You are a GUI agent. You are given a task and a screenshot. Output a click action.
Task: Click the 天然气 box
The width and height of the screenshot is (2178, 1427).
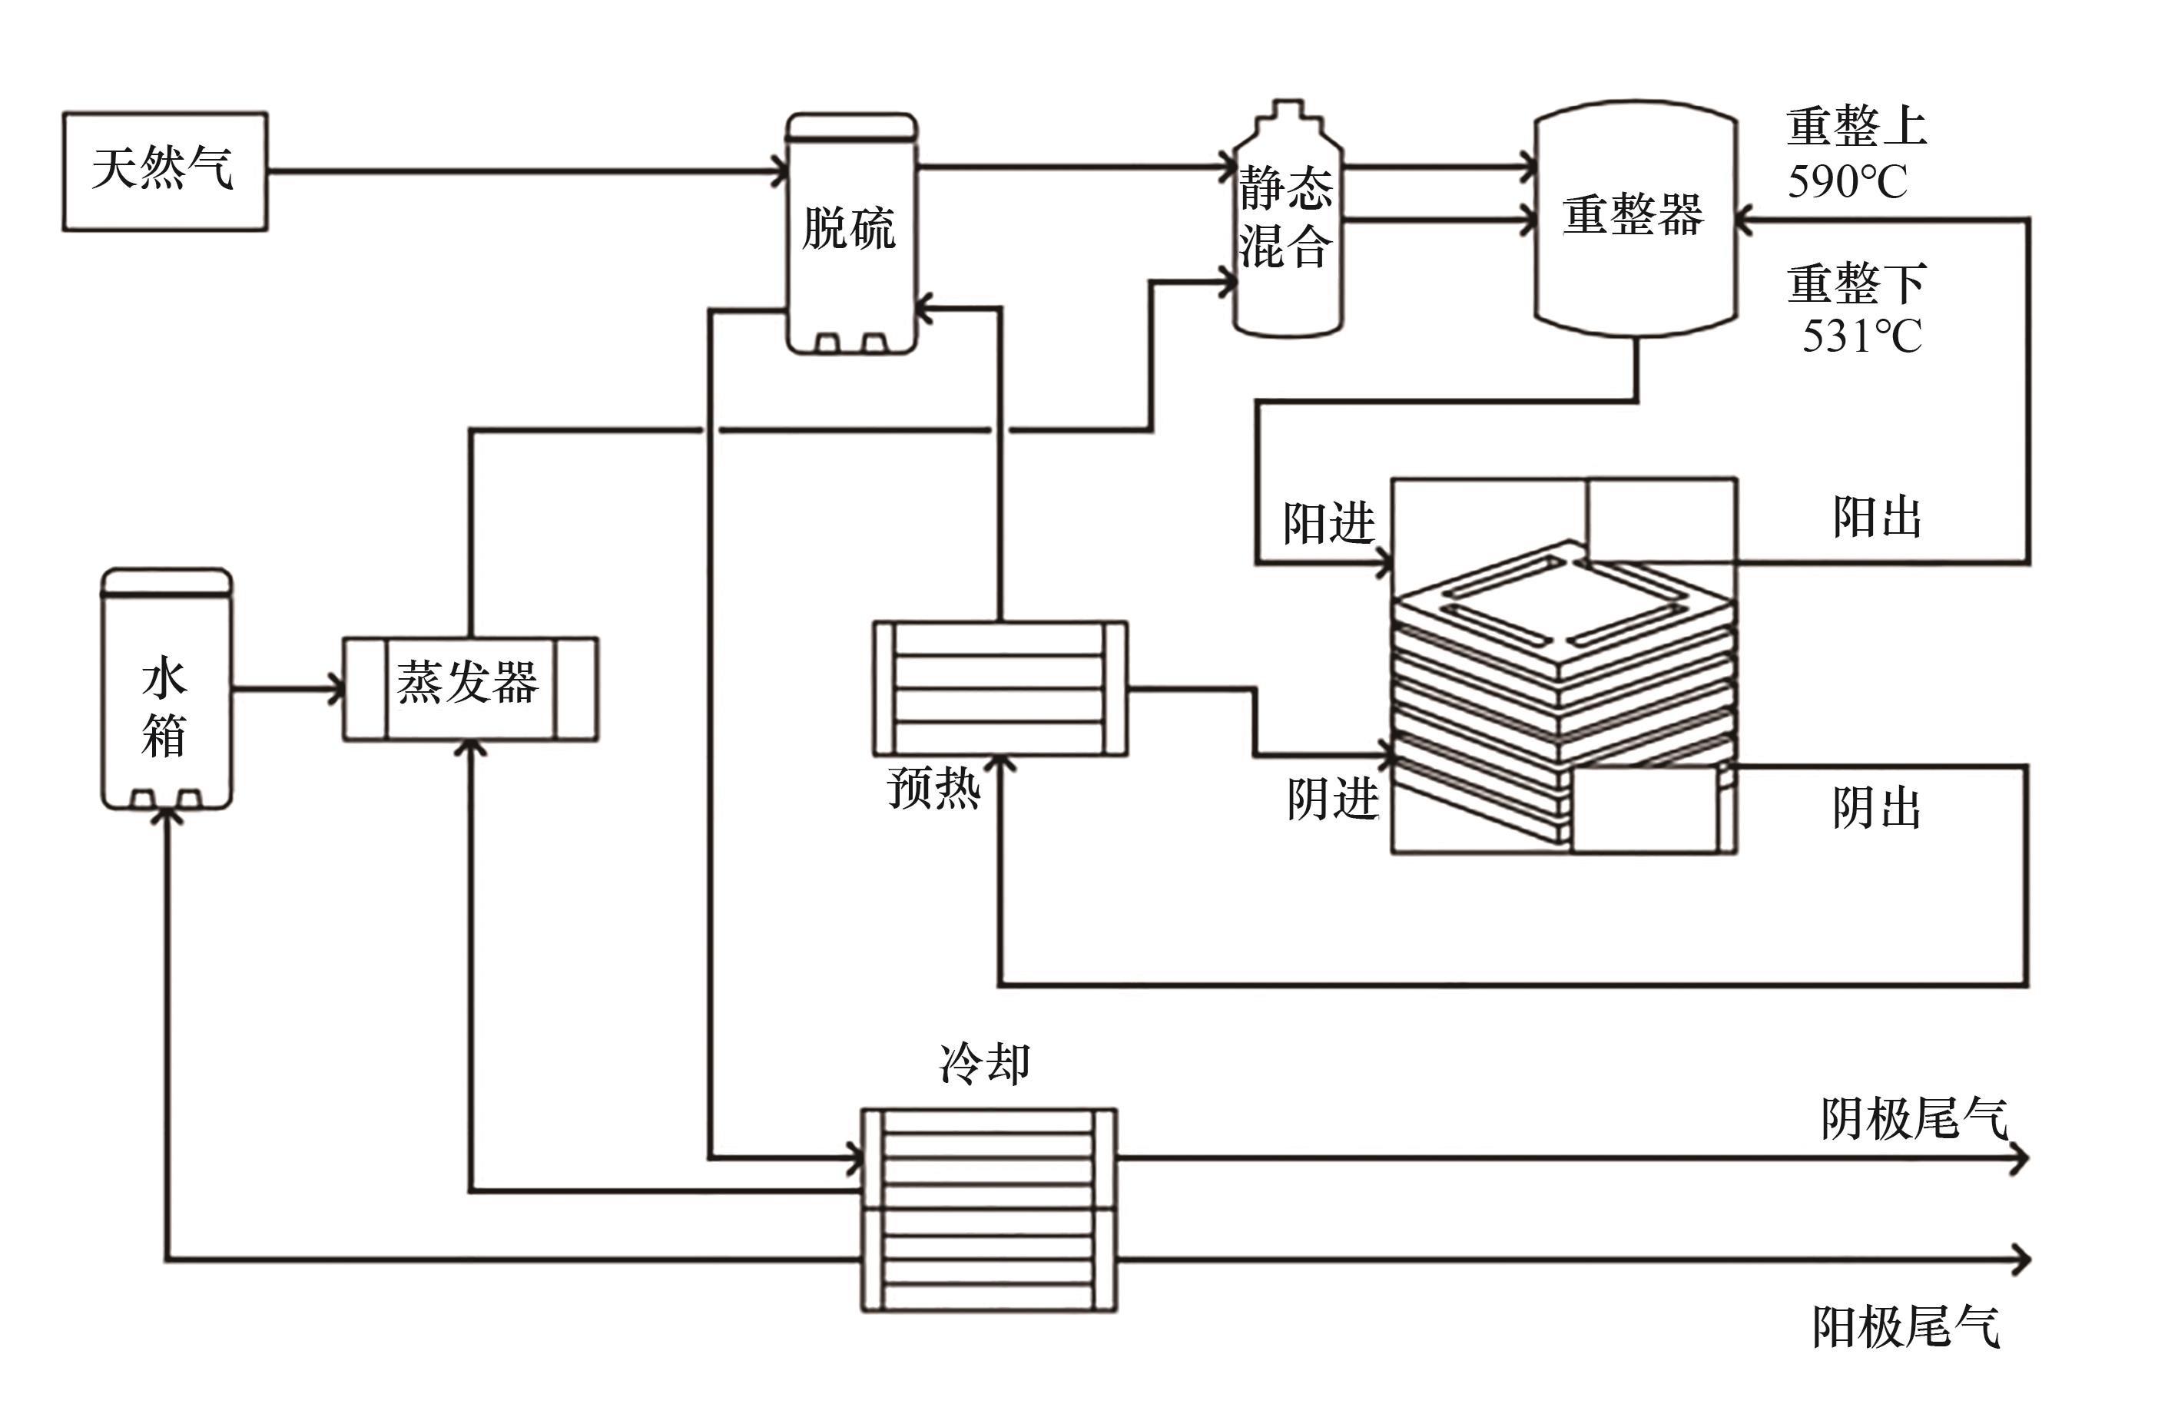[164, 171]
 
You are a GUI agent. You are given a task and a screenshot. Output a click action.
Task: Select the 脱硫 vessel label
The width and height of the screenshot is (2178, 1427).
[848, 229]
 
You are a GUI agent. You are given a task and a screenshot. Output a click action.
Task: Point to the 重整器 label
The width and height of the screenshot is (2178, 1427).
[1633, 216]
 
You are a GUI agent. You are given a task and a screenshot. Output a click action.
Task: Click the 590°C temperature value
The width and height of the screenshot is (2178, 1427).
[1847, 181]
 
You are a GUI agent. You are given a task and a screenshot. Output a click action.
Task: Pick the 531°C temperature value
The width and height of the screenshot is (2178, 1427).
[1861, 336]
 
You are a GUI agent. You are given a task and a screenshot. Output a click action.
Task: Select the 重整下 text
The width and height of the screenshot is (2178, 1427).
[1856, 283]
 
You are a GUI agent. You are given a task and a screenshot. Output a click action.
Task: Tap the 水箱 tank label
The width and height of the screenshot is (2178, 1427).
[164, 708]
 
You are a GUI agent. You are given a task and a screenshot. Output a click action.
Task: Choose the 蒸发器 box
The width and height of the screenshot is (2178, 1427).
[469, 685]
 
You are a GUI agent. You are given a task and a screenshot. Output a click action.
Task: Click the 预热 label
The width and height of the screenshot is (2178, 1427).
[933, 786]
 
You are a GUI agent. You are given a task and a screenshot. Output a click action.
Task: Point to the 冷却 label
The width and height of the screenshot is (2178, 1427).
[985, 1063]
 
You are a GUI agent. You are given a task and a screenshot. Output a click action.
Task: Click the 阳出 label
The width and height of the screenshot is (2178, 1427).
[1876, 518]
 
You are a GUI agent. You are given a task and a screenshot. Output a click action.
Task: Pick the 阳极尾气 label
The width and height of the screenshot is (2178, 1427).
[1905, 1326]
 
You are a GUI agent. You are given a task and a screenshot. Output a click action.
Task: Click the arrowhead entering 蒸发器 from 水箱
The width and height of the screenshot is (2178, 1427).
[336, 689]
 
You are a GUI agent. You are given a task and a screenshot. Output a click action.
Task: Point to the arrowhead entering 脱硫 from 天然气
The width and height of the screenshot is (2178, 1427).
[781, 171]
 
